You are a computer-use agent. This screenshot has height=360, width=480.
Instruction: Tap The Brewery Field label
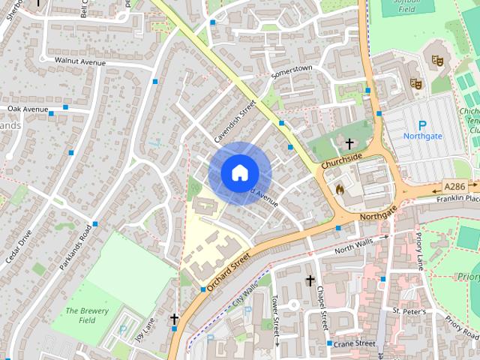(87, 316)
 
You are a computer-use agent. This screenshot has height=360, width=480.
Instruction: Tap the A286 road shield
(454, 186)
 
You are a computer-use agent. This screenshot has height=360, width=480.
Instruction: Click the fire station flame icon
(340, 190)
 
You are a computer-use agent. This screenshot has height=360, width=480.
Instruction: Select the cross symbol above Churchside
(349, 142)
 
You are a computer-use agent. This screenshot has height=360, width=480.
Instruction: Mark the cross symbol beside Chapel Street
(309, 280)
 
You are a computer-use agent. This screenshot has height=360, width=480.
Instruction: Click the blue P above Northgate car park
(421, 125)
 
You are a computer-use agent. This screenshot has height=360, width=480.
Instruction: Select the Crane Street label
(355, 343)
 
